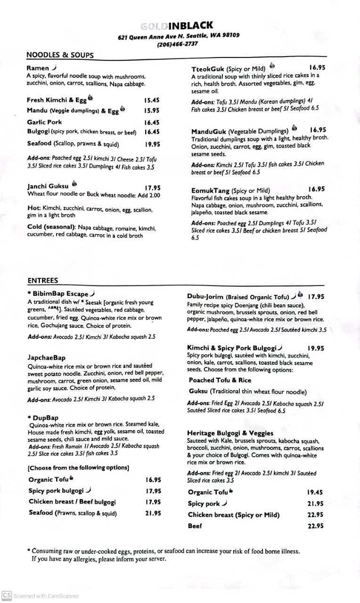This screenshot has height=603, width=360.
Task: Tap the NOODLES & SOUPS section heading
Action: click(60, 55)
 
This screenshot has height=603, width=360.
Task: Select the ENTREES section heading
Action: click(42, 280)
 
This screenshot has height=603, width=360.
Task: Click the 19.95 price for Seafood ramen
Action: click(152, 145)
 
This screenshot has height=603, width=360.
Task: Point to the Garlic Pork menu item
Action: click(44, 122)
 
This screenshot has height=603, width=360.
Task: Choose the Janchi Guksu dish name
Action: click(48, 186)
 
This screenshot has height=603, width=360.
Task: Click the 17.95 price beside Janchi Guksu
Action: click(152, 187)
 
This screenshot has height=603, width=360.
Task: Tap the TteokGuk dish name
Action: click(208, 68)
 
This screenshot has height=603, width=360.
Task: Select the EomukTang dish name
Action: click(210, 190)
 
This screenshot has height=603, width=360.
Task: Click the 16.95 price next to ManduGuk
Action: click(318, 130)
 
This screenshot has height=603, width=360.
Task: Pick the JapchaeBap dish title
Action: click(46, 358)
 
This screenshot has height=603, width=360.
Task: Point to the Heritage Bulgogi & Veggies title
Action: click(230, 433)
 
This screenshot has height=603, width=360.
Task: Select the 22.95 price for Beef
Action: click(315, 526)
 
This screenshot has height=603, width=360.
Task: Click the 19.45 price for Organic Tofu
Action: click(315, 492)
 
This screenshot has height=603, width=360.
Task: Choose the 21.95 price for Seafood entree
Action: click(153, 513)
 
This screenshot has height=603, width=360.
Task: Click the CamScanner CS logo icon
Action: click(7, 595)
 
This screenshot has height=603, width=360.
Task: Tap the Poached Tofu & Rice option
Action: click(220, 380)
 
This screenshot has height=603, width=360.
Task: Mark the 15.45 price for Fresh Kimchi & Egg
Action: click(152, 100)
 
